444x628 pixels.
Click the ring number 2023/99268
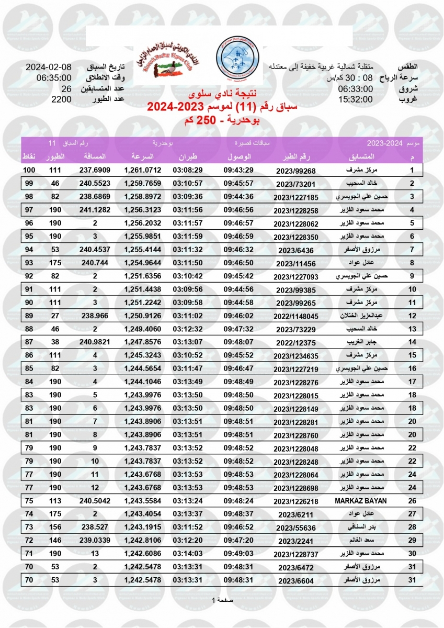(x=296, y=171)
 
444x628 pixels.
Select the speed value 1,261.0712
(x=143, y=170)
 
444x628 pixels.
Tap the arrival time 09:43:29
(x=238, y=170)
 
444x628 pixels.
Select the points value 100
(x=29, y=170)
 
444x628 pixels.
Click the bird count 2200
(x=61, y=99)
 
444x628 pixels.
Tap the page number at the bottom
(x=222, y=600)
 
